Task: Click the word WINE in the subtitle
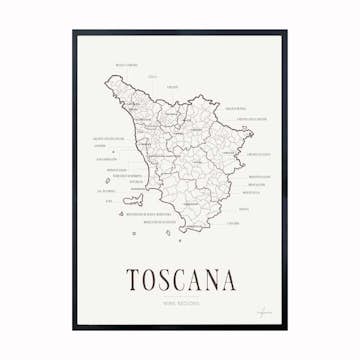[168, 303]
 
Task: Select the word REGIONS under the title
[189, 303]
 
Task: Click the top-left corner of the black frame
[74, 32]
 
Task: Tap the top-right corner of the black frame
[286, 32]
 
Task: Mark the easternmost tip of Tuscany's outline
[250, 133]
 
